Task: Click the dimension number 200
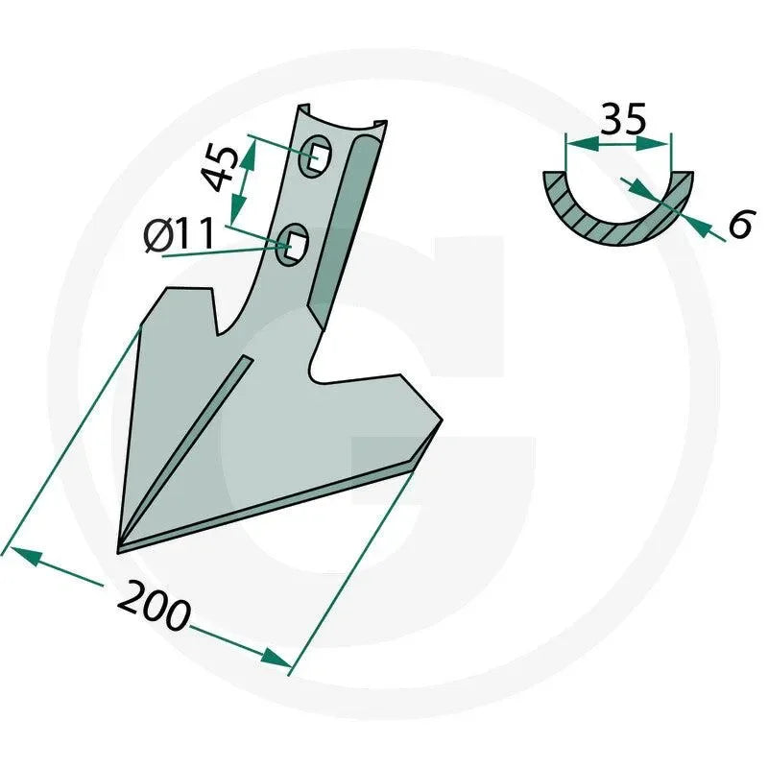coord(154,607)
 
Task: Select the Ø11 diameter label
coord(180,234)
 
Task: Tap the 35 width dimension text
coord(622,118)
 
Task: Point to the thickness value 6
coord(739,224)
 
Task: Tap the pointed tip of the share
coord(118,552)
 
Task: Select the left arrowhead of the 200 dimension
coord(25,557)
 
